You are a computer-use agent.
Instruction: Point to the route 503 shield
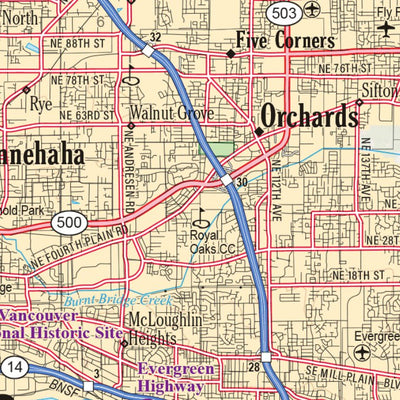(282, 12)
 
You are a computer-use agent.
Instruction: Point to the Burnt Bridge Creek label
(118, 300)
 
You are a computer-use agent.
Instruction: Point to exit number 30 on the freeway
(241, 182)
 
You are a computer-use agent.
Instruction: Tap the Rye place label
(40, 103)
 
